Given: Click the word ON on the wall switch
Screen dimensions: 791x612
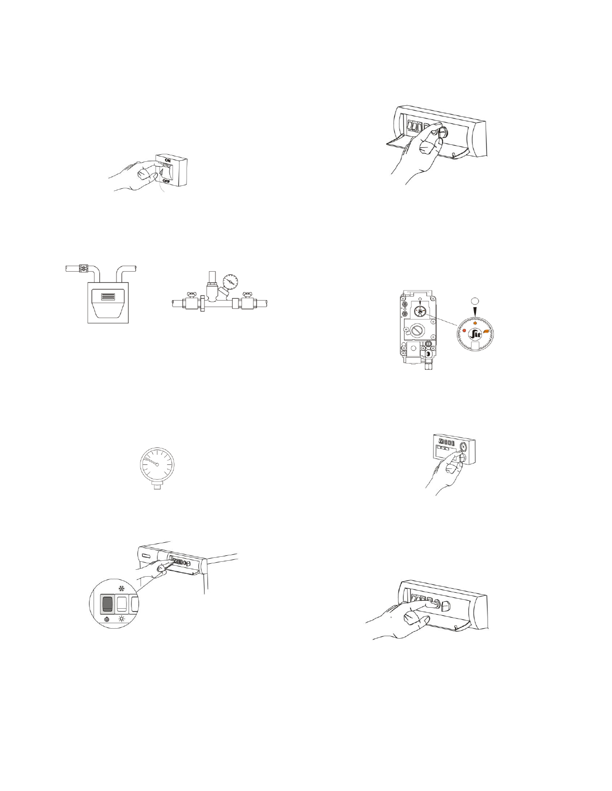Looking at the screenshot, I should [x=167, y=160].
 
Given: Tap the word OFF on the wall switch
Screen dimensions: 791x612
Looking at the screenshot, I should [x=166, y=182].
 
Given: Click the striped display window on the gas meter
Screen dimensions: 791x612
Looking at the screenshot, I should [x=108, y=297].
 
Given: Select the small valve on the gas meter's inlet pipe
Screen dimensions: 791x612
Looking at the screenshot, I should [x=83, y=269].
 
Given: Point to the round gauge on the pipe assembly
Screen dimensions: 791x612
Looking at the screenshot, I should [x=230, y=282].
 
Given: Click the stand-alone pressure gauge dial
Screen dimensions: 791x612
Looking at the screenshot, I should [x=157, y=464].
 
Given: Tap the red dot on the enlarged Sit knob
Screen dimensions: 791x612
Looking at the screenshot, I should [x=464, y=331].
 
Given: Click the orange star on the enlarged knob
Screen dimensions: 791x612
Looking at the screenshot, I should [x=474, y=324].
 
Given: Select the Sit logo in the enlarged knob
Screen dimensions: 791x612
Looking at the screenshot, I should [x=474, y=334].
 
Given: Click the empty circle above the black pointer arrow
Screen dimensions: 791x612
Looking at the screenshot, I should [x=474, y=301].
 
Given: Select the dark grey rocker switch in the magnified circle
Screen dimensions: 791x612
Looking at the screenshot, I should [x=107, y=604].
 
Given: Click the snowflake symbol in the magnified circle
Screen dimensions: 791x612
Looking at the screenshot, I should [x=121, y=589].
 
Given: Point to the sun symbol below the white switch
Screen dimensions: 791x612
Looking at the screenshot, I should [x=121, y=619].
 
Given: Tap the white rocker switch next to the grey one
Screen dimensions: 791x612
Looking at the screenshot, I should [x=121, y=604].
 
